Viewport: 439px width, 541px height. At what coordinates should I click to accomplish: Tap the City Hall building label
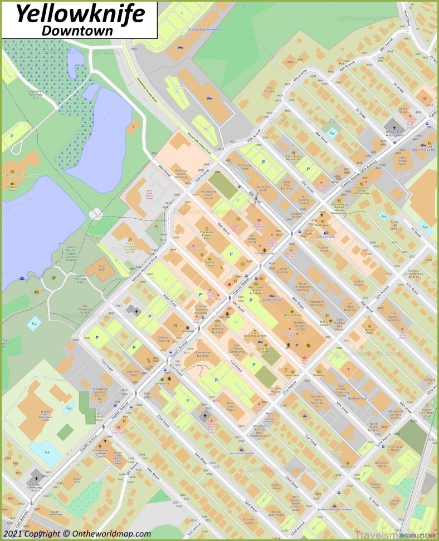[102, 268]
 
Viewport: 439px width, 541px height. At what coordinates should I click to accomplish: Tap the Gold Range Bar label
[256, 336]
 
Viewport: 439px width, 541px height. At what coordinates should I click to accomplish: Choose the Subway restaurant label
[319, 374]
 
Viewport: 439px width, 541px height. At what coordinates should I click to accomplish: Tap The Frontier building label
[270, 90]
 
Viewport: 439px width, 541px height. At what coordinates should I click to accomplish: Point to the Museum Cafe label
[9, 188]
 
